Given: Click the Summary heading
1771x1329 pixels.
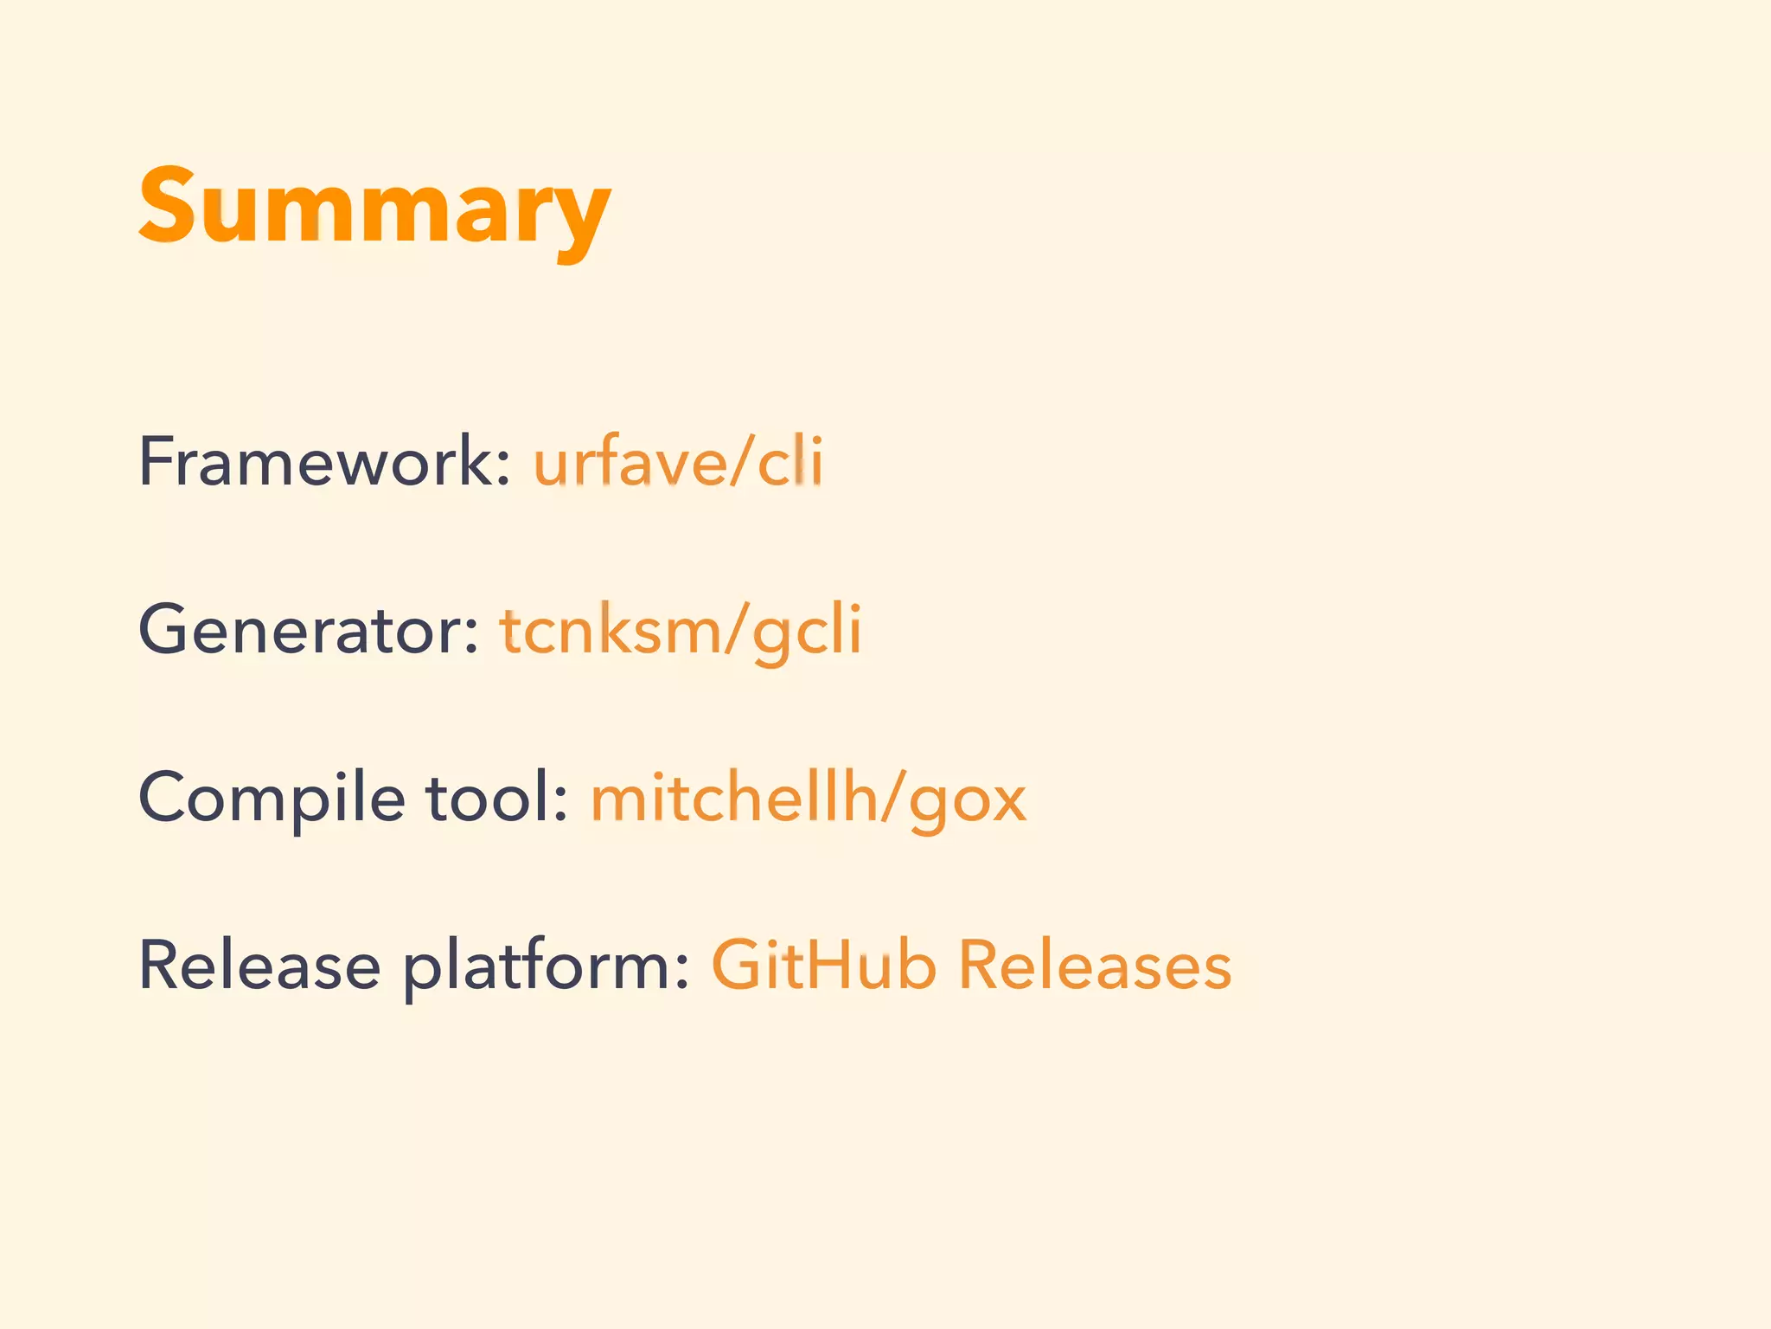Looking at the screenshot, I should [374, 208].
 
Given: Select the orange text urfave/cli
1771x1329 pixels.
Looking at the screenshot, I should [678, 462].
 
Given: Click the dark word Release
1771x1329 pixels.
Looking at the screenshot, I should [259, 966].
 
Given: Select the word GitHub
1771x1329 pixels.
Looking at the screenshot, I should [823, 966].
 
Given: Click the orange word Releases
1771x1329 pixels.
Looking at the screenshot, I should [1095, 966].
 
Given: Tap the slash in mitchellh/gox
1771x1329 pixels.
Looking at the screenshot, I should [893, 798].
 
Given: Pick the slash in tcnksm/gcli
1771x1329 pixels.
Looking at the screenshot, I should [736, 630].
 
